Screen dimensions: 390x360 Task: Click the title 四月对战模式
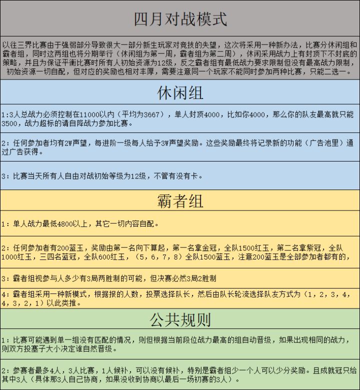[x=180, y=19]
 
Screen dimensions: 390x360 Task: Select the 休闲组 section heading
[x=180, y=93]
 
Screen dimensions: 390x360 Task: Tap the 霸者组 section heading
[x=180, y=201]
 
